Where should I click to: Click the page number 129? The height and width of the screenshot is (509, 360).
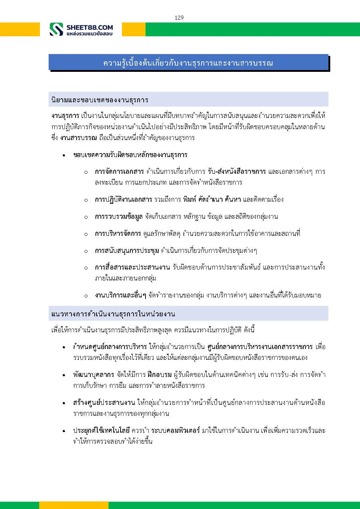pos(179,17)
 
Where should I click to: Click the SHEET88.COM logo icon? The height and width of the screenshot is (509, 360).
pos(56,29)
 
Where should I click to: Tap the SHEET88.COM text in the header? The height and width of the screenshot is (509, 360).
pos(90,27)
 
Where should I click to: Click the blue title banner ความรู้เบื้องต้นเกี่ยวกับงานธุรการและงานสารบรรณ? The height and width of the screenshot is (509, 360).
pos(188,63)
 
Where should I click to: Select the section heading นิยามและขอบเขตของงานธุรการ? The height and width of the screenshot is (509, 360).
pos(100,100)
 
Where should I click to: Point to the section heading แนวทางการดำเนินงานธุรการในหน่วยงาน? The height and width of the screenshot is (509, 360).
pos(113,314)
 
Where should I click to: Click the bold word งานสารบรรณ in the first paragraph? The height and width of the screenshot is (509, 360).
pos(78,137)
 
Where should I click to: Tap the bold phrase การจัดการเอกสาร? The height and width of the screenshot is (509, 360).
pos(119,171)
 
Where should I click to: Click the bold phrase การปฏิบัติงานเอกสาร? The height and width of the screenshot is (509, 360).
pos(123,199)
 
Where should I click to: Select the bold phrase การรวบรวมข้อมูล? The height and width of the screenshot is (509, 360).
pos(119,217)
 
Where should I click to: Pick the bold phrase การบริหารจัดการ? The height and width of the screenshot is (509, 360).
pos(118,233)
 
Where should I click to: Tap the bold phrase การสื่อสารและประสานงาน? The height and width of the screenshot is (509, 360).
pos(132,267)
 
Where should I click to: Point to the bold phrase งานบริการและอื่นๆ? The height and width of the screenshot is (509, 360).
pos(120,295)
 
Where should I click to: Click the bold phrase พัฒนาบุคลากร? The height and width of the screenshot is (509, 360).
pos(94,374)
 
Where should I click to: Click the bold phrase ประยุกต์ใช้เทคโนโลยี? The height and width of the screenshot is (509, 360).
pos(101,430)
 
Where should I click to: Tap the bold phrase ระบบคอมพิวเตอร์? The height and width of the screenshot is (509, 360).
pos(176,430)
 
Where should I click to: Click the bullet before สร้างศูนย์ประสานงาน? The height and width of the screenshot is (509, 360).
pos(64,403)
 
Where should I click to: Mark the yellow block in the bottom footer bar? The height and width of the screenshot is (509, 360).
pos(74,505)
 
